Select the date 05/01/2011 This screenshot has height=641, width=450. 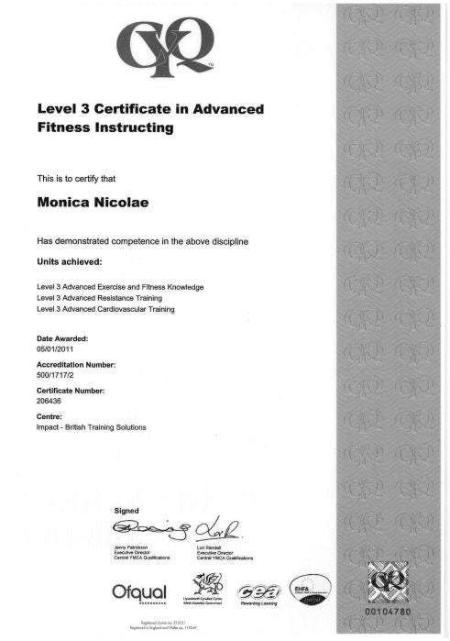coord(55,349)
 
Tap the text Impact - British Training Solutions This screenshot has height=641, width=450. coord(92,426)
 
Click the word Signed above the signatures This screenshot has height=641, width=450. coord(126,509)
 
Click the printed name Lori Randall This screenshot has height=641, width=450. coord(212,547)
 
